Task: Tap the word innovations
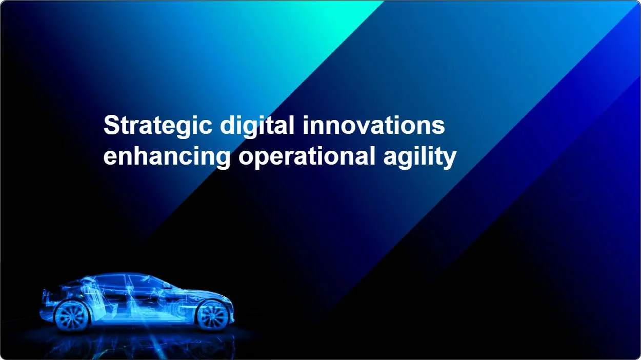click(x=374, y=125)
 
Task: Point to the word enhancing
click(x=167, y=157)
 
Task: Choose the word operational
click(x=307, y=157)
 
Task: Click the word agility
click(x=420, y=157)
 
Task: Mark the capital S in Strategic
click(x=111, y=125)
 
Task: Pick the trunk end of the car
click(x=46, y=304)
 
